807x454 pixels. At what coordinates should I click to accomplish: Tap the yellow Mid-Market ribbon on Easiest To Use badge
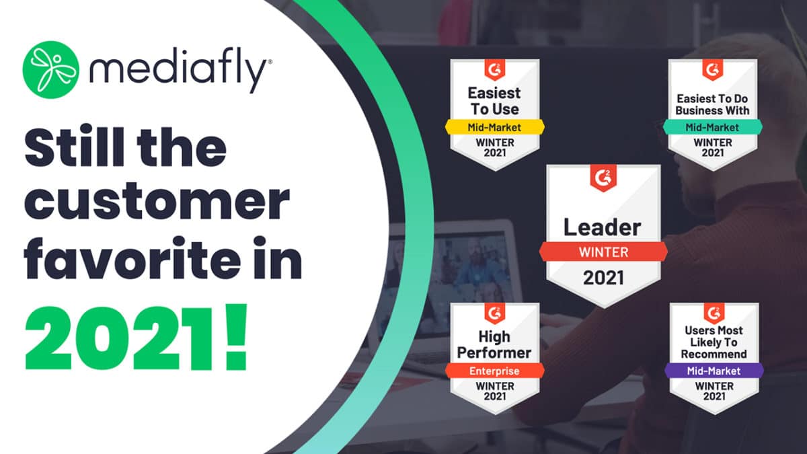(494, 126)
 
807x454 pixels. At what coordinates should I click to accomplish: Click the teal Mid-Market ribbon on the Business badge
(712, 126)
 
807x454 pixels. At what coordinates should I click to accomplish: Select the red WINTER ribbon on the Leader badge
(603, 252)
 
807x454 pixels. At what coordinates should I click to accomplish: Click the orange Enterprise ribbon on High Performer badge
(494, 371)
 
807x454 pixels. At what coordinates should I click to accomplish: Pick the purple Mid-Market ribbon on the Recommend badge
(714, 371)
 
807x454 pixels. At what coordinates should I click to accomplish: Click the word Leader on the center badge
(603, 227)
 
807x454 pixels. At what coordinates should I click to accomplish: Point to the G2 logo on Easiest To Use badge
(494, 69)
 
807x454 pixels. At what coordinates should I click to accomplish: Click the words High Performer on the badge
(494, 344)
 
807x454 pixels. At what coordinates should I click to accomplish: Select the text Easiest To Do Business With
(712, 104)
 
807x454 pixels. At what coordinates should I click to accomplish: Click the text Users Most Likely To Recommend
(714, 342)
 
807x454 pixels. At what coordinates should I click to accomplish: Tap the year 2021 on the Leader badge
(603, 277)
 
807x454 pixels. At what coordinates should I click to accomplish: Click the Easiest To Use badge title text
(494, 100)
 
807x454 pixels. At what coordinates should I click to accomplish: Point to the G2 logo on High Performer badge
(494, 313)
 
